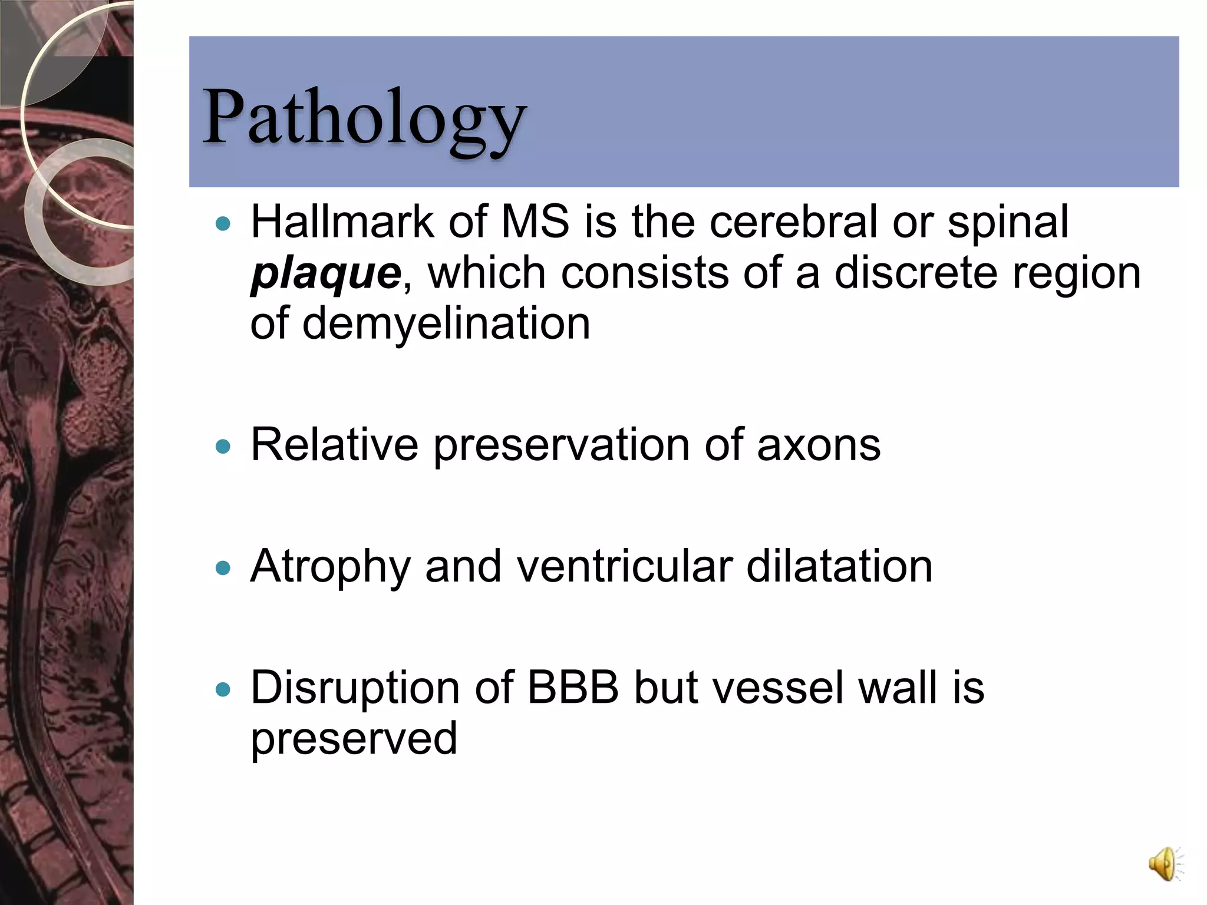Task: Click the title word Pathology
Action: pyautogui.click(x=364, y=118)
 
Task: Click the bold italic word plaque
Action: pyautogui.click(x=326, y=274)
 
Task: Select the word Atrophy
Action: pyautogui.click(x=329, y=567)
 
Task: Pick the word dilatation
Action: pyautogui.click(x=839, y=567)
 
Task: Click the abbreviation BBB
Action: pyautogui.click(x=572, y=688)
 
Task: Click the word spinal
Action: pyautogui.click(x=1007, y=223)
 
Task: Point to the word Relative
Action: pyautogui.click(x=334, y=445)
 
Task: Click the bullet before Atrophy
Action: pyautogui.click(x=223, y=569)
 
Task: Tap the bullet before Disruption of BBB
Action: pyautogui.click(x=223, y=689)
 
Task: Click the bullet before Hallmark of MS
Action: pyautogui.click(x=223, y=224)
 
